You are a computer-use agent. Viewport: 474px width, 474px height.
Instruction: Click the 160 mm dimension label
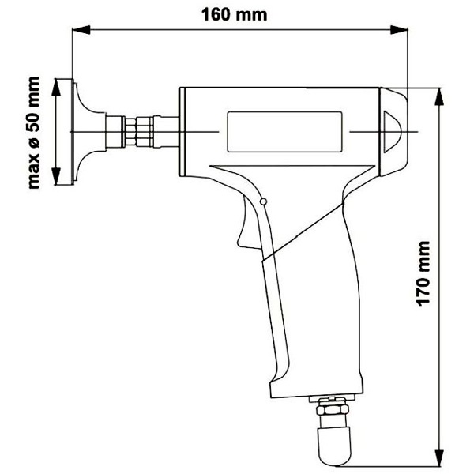pyautogui.click(x=235, y=15)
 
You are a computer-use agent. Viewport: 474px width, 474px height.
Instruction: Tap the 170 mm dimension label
pyautogui.click(x=423, y=273)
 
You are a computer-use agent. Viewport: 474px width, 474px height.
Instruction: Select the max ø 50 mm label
pyautogui.click(x=33, y=133)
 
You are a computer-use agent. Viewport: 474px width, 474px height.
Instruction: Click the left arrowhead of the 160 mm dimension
pyautogui.click(x=81, y=30)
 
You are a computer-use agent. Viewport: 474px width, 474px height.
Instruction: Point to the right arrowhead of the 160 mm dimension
pyautogui.click(x=399, y=30)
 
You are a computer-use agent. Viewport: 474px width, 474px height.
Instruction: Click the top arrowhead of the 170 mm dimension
pyautogui.click(x=439, y=96)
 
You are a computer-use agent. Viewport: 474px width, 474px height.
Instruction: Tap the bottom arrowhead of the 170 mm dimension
pyautogui.click(x=439, y=457)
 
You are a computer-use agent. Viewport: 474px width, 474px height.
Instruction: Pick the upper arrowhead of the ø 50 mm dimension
pyautogui.click(x=56, y=87)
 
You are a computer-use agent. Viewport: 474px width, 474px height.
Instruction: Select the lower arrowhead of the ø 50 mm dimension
pyautogui.click(x=56, y=176)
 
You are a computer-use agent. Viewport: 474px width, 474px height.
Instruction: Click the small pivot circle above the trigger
pyautogui.click(x=263, y=201)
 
